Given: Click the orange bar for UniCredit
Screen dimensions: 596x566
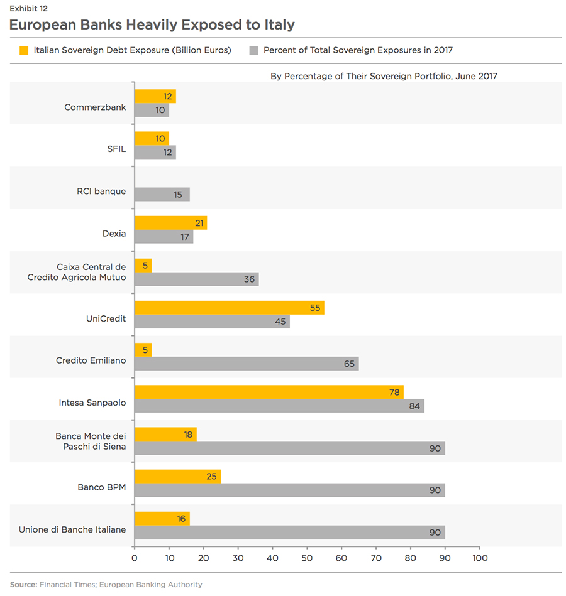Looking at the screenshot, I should coord(230,308).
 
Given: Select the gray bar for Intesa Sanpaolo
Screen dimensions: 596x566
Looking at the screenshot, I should coord(279,406).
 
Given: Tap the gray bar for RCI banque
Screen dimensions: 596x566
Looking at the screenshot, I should coord(162,195).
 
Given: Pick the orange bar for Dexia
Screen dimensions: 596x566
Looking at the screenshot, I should coord(171,223).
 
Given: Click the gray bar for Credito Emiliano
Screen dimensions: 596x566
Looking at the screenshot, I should coord(247,364).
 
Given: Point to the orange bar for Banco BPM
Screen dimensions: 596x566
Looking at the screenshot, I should coord(178,477).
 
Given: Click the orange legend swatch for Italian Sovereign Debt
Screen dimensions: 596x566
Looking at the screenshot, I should coord(25,50).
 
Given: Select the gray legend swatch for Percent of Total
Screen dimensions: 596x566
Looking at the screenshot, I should coord(254,50).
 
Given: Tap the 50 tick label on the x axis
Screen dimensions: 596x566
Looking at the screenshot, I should coord(307,558).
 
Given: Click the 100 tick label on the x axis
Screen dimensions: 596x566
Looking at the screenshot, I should coord(479,558).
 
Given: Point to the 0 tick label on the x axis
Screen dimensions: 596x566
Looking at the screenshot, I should coord(135,558).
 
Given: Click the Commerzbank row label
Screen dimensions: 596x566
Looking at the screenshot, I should coord(95,107).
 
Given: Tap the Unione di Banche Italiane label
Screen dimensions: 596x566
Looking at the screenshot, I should coord(72,529).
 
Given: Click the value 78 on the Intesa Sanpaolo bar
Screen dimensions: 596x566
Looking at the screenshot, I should coord(395,393).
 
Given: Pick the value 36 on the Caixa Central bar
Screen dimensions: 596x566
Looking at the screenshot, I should coord(250,279).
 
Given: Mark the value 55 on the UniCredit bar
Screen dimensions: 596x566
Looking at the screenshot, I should coord(315,308).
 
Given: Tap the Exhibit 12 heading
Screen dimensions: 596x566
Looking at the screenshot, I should coord(29,9).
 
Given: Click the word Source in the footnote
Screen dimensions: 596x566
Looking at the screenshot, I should coord(23,585).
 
